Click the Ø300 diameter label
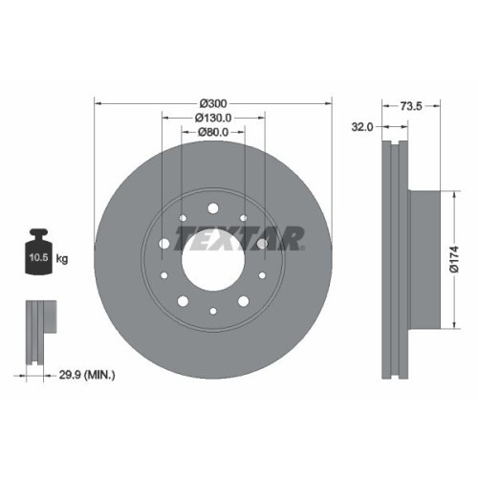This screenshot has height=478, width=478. pos(212,102)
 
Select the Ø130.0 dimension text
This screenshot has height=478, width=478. pos(212,118)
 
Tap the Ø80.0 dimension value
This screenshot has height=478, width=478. pos(212,133)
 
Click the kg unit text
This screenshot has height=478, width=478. pos(63,259)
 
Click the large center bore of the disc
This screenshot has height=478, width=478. pos(212,259)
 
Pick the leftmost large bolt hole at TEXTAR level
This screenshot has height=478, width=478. pos(163,245)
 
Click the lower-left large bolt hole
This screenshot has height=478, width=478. pos(183,299)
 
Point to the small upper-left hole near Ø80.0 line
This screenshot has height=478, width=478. pos(182,219)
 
